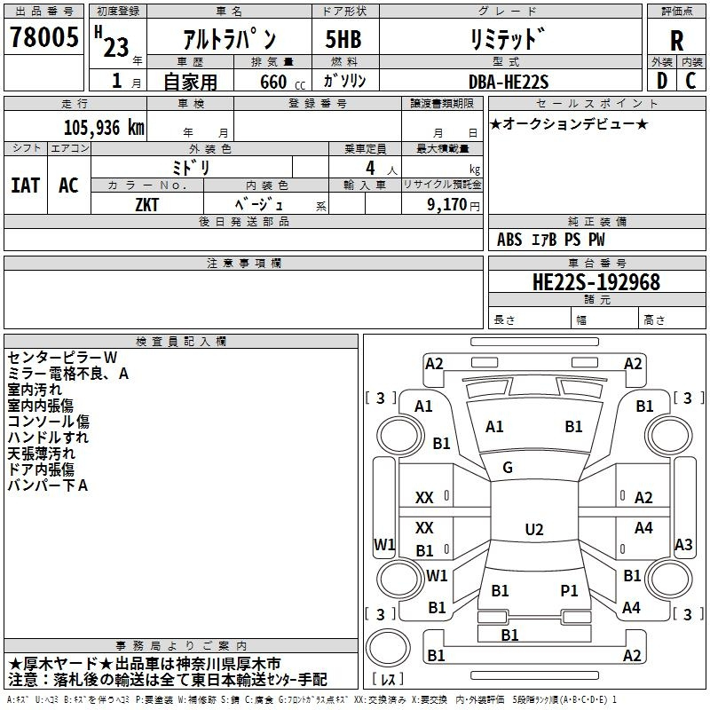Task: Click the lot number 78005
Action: pyautogui.click(x=44, y=36)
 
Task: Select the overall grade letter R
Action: pyautogui.click(x=676, y=41)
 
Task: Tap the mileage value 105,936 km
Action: pyautogui.click(x=104, y=128)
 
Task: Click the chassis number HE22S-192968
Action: pyautogui.click(x=596, y=282)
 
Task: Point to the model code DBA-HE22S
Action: pyautogui.click(x=509, y=82)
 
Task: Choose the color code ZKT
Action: pyautogui.click(x=147, y=205)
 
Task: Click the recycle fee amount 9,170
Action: pyautogui.click(x=447, y=204)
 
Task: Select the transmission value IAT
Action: pyautogui.click(x=26, y=185)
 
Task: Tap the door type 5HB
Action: pyautogui.click(x=343, y=39)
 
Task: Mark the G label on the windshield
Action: pyautogui.click(x=508, y=468)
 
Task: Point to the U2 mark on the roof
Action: pyautogui.click(x=534, y=529)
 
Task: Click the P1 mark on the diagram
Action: pyautogui.click(x=569, y=591)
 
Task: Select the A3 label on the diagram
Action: pyautogui.click(x=683, y=544)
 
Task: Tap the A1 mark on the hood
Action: pyautogui.click(x=494, y=427)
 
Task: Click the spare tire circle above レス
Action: pyautogui.click(x=388, y=648)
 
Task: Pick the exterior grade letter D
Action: pyautogui.click(x=662, y=81)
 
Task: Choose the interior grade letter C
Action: pyautogui.click(x=691, y=81)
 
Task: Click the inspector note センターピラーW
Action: pyautogui.click(x=62, y=358)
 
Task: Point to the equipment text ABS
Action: pyautogui.click(x=509, y=240)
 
